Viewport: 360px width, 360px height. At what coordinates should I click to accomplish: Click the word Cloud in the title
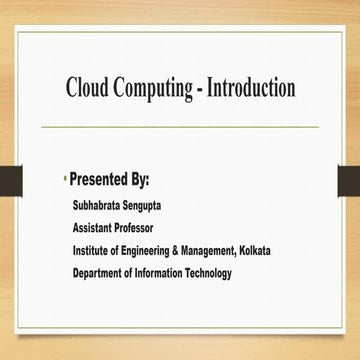point(87,88)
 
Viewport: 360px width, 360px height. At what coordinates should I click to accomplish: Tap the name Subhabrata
point(99,206)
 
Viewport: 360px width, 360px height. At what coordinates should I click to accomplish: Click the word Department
point(103,272)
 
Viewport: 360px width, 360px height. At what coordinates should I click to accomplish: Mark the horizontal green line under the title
point(180,127)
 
